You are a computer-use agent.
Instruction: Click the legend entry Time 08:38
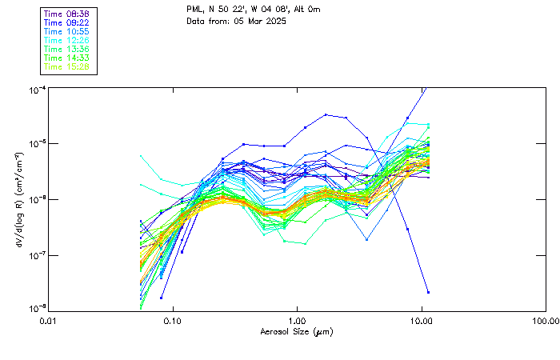(66, 14)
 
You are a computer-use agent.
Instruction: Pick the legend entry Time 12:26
(66, 40)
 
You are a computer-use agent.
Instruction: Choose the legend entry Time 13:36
(66, 49)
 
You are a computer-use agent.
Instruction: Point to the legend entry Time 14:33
(66, 58)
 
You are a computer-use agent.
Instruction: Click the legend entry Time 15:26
(66, 66)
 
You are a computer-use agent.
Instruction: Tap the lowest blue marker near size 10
(428, 292)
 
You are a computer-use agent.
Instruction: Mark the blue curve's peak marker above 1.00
(326, 114)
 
